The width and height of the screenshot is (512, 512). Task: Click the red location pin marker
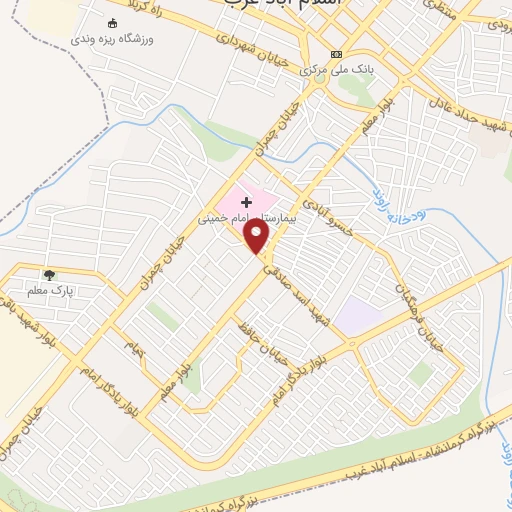(x=257, y=236)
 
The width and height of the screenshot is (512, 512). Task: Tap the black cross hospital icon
(x=247, y=203)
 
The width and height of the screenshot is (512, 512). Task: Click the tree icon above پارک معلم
(x=49, y=273)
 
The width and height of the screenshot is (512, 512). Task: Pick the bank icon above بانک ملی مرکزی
(x=337, y=54)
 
